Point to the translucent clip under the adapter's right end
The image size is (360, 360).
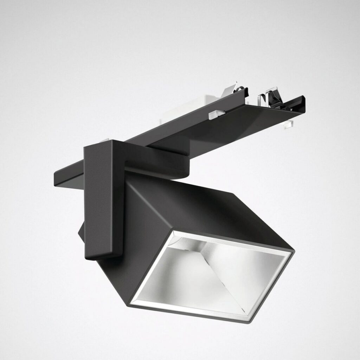[x=289, y=124]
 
